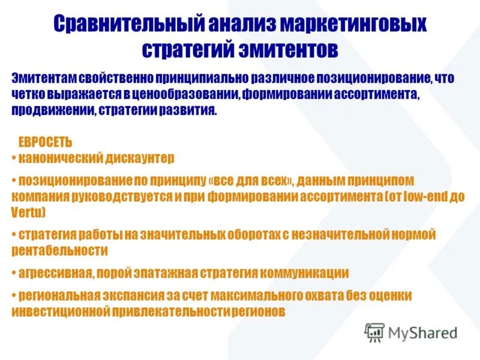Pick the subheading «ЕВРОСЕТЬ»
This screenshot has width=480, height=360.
tap(46, 143)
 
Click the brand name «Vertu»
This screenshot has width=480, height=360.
tap(26, 212)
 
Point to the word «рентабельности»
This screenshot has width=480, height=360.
tap(59, 250)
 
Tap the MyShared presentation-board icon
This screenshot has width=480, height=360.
tap(375, 332)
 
